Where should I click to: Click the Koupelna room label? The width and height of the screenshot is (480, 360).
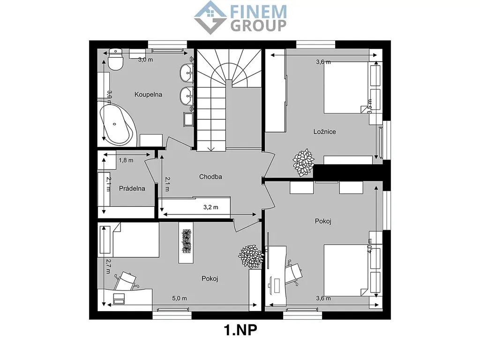click(148, 95)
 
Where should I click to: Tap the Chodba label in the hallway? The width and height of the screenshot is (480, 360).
click(210, 177)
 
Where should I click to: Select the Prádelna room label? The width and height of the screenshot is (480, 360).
click(132, 188)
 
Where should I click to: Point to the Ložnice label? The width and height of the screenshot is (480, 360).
click(324, 132)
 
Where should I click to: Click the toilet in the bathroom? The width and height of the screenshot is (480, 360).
click(115, 59)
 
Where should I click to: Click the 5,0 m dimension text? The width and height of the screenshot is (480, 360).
click(180, 298)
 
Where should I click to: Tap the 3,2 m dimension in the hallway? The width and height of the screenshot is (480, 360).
click(211, 207)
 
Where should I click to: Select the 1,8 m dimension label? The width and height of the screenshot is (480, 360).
click(126, 160)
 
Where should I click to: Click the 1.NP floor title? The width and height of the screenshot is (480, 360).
click(240, 330)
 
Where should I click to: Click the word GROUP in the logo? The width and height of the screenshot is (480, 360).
click(258, 26)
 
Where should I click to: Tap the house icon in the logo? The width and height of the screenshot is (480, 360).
click(210, 17)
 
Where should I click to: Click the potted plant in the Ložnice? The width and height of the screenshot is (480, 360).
click(303, 162)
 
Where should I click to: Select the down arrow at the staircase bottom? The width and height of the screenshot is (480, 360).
click(210, 149)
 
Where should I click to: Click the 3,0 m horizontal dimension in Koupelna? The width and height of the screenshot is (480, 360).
click(145, 60)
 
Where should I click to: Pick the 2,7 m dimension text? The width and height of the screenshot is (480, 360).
click(108, 266)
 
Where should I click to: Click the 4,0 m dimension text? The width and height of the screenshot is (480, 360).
click(370, 246)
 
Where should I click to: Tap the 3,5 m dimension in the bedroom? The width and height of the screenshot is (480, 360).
click(370, 106)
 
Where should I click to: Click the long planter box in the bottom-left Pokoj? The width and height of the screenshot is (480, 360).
click(186, 242)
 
